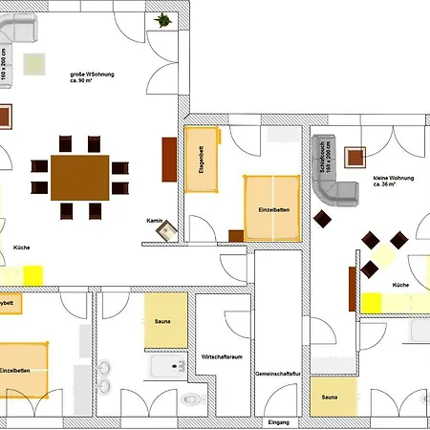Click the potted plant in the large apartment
(164, 18)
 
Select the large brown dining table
(79, 177)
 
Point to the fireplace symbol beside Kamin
(168, 229)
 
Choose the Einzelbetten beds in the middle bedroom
(272, 207)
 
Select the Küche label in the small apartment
(401, 286)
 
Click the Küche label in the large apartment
(21, 247)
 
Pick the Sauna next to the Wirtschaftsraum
(165, 322)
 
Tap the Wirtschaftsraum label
(222, 355)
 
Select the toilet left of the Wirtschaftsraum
(191, 398)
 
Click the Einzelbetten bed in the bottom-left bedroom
(21, 369)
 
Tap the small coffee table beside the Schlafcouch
(358, 156)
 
